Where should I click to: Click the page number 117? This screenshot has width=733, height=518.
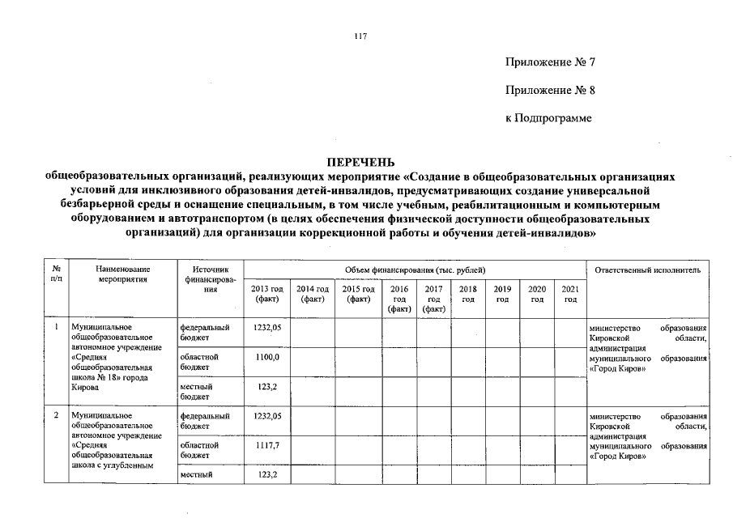coord(361,35)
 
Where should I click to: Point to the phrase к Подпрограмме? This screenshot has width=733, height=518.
coord(548,118)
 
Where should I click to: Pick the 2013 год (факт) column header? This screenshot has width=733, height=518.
coord(266,294)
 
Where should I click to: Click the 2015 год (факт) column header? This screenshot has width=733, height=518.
coord(359,294)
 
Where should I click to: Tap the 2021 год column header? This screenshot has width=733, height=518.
coord(570,294)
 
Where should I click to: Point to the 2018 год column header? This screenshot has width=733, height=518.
coord(467,294)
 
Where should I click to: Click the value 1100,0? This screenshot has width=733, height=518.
coord(266,357)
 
